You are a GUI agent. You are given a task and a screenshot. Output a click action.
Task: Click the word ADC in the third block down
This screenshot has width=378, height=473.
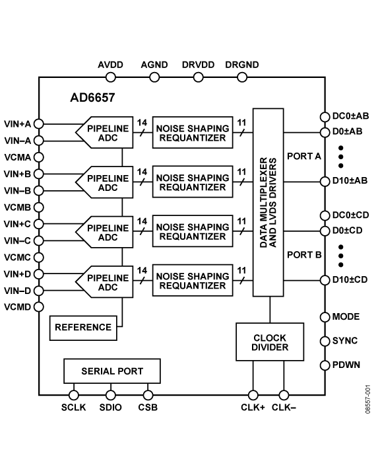tap(108, 238)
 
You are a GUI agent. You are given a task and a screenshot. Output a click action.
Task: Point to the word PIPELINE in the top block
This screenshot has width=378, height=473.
tap(108, 129)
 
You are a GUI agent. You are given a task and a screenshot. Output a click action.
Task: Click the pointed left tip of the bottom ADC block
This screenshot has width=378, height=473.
tap(78, 282)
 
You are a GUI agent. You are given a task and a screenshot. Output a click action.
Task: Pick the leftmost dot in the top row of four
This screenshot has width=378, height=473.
tap(111, 77)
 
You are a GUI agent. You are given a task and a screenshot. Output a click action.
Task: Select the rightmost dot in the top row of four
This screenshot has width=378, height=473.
tap(242, 77)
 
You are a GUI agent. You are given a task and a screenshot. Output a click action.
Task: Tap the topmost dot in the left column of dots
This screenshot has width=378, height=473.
tap(39, 124)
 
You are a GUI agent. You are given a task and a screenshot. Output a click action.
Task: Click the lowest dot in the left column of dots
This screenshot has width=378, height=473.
tap(39, 307)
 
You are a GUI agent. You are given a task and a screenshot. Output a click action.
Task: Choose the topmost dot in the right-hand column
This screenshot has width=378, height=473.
tap(325, 118)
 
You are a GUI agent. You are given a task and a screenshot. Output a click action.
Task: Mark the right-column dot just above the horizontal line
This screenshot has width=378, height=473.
tap(325, 365)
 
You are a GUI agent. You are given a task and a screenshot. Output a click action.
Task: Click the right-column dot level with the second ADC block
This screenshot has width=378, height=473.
tap(325, 182)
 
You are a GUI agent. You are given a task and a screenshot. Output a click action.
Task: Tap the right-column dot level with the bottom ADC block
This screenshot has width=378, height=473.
tap(325, 280)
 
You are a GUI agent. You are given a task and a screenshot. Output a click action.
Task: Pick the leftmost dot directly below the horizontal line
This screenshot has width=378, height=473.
tap(74, 396)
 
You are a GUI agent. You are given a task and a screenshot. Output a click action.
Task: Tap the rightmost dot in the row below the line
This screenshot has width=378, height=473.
tap(284, 396)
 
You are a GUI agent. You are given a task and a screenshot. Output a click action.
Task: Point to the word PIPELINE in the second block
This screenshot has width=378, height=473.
tap(108, 178)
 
